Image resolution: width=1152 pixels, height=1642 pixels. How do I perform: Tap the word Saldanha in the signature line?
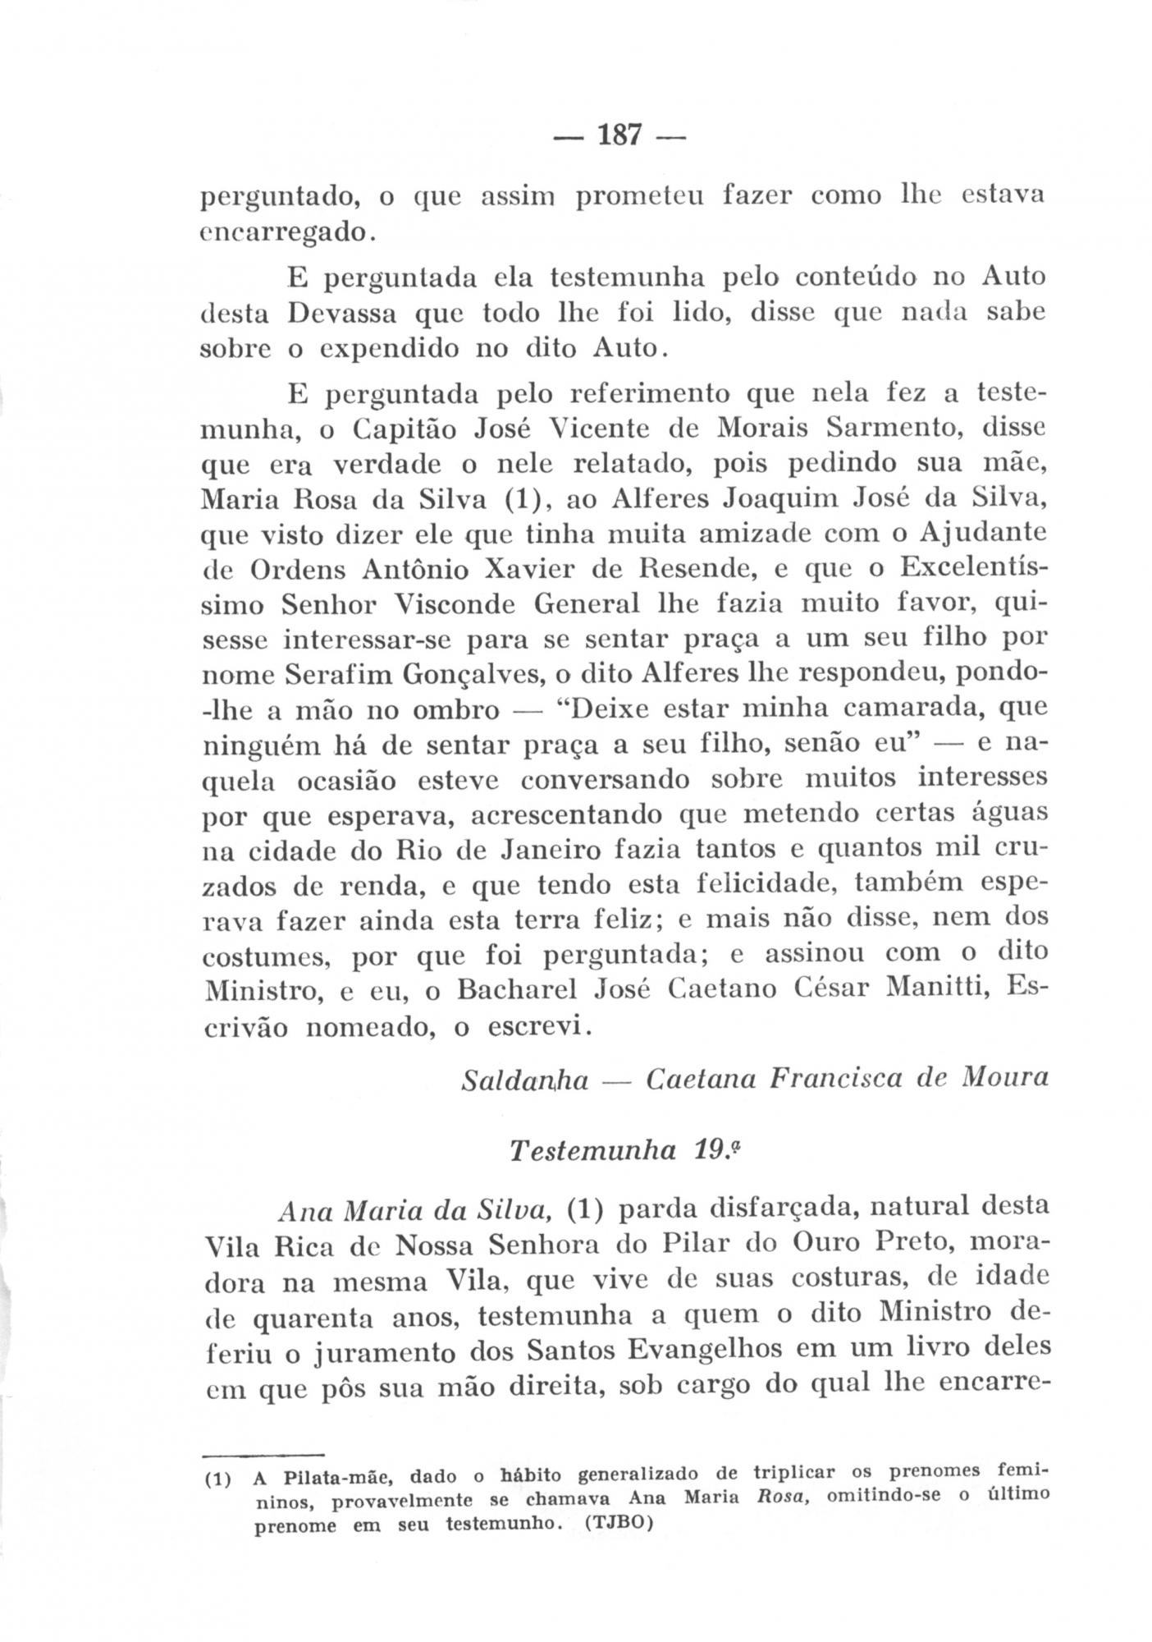(x=526, y=1079)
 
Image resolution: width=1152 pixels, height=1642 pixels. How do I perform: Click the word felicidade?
(x=755, y=885)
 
